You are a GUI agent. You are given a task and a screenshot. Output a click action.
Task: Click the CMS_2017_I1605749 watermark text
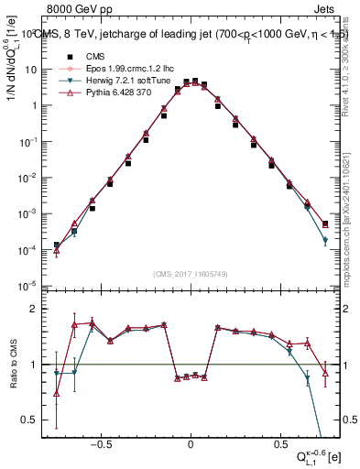point(191,274)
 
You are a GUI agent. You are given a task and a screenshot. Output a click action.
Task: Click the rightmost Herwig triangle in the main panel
point(326,241)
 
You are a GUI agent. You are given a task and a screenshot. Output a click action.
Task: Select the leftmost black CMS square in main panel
point(57,245)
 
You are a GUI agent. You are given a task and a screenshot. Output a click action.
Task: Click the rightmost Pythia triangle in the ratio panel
point(326,372)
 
